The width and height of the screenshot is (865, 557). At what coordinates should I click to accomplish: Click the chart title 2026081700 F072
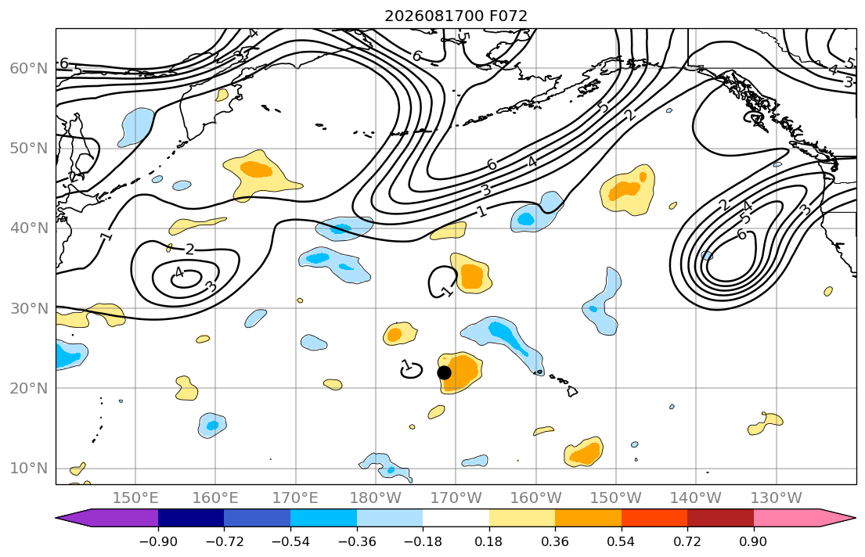[456, 16]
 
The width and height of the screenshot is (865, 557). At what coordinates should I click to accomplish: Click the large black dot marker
[444, 373]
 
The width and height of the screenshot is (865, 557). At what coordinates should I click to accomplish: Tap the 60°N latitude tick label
[29, 68]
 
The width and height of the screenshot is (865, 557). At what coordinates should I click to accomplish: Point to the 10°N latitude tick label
[29, 469]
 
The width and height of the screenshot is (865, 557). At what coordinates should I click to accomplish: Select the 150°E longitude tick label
[135, 498]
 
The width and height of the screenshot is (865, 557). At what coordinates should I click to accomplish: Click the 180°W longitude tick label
[376, 498]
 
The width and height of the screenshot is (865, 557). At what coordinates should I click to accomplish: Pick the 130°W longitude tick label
[777, 498]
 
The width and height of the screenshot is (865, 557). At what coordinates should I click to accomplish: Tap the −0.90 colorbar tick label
[158, 541]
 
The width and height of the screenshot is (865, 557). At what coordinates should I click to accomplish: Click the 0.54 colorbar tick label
[622, 541]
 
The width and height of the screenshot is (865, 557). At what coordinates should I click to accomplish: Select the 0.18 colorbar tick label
[488, 541]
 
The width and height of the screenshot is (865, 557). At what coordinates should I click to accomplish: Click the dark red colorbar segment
[720, 518]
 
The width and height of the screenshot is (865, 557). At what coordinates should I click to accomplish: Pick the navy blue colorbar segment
[191, 518]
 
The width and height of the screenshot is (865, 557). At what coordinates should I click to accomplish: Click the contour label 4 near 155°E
[178, 272]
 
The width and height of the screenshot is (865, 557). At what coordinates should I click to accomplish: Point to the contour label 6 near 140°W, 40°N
[742, 235]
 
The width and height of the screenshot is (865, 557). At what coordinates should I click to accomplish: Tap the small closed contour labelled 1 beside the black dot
[411, 370]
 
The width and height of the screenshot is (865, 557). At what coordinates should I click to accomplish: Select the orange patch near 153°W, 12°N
[584, 452]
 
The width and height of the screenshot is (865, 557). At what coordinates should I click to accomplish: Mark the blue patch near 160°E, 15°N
[212, 426]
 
